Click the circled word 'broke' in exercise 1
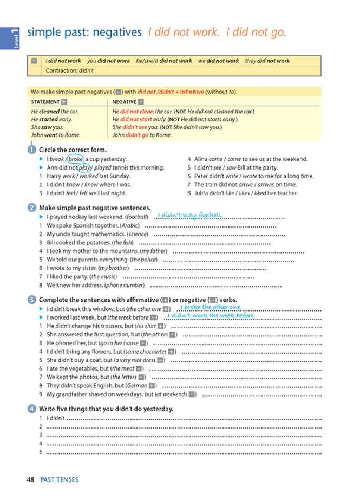click(x=76, y=159)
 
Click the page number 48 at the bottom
click(x=31, y=479)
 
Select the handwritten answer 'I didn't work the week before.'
click(x=212, y=315)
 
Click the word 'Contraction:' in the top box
click(x=61, y=70)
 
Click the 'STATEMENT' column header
click(x=45, y=101)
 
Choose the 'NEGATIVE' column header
click(x=125, y=101)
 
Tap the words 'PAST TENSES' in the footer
click(x=59, y=479)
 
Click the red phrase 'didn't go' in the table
click(x=138, y=135)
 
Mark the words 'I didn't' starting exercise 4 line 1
click(x=56, y=418)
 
